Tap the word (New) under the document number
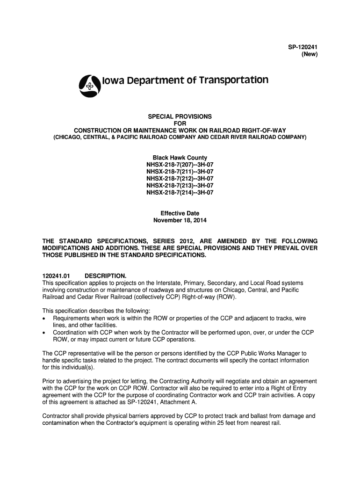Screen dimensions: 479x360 point(309,55)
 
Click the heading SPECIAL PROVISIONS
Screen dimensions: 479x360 point(180,116)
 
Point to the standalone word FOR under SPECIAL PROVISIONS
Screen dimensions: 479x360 point(180,123)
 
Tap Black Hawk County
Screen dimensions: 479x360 point(180,158)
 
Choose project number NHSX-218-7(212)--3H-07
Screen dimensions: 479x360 point(180,178)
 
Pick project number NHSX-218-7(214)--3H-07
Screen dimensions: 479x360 point(180,192)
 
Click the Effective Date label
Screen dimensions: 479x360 point(180,213)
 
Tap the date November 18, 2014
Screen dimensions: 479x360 point(180,220)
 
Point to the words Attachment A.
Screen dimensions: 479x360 point(180,402)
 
